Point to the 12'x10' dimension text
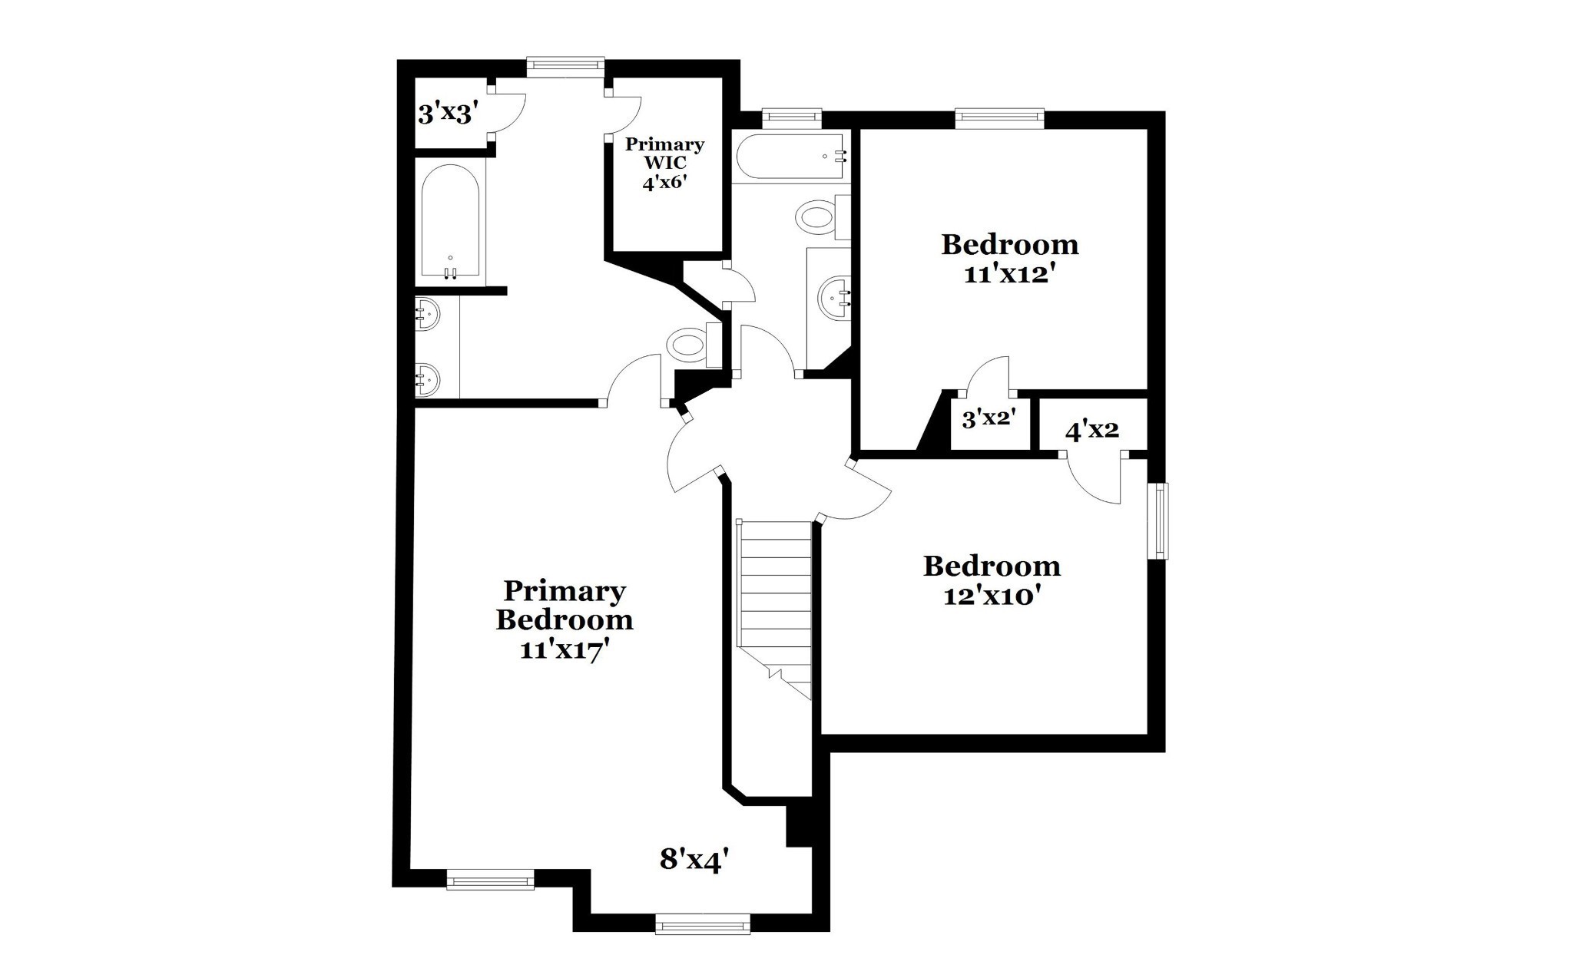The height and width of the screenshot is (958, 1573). pyautogui.click(x=992, y=595)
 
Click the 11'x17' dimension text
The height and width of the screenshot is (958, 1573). pyautogui.click(x=565, y=649)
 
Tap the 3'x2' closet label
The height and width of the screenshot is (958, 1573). pyautogui.click(x=989, y=418)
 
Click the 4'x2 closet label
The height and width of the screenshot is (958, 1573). pyautogui.click(x=1091, y=431)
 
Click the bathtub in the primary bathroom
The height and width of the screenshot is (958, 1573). pyautogui.click(x=451, y=223)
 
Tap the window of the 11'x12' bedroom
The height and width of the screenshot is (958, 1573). pyautogui.click(x=1000, y=117)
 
